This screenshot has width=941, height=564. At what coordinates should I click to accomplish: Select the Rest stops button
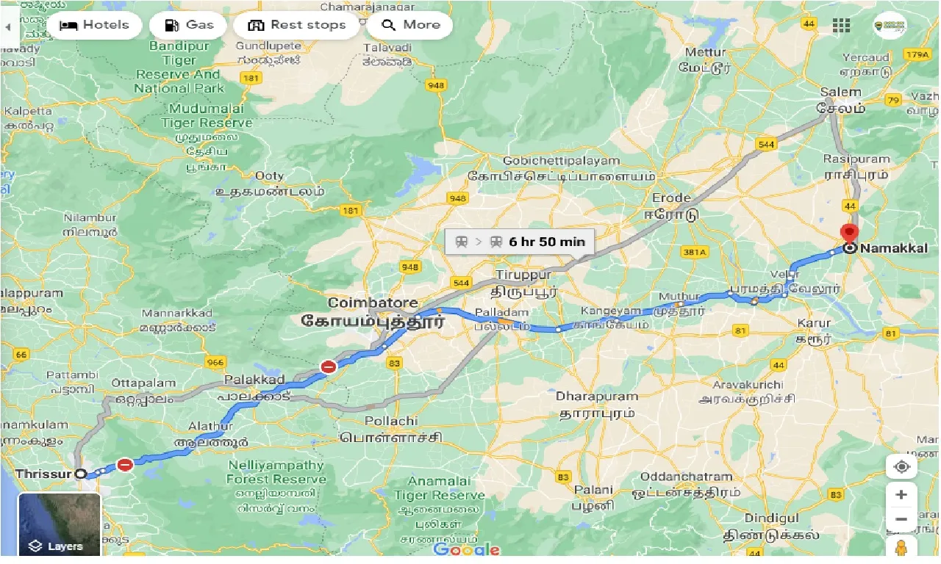pos(296,25)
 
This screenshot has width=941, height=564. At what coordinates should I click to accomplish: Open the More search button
pos(409,25)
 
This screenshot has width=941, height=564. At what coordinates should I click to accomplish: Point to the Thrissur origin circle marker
pos(80,474)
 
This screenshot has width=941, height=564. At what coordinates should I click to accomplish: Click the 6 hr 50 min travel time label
pos(520,242)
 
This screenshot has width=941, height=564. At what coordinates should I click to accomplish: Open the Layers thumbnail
pos(59,524)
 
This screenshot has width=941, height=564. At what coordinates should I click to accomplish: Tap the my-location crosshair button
pos(901,467)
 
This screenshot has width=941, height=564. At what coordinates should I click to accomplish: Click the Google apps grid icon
pos(841,26)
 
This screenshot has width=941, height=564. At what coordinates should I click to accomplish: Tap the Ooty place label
pos(268,176)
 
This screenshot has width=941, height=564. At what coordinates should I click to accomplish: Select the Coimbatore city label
pos(373,303)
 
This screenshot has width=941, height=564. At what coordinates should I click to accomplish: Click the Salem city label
pos(840,93)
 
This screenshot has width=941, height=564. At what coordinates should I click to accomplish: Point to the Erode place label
pos(671,198)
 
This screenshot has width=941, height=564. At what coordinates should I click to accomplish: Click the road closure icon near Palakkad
pos(329,366)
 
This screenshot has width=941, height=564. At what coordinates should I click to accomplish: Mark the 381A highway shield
pos(693,252)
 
